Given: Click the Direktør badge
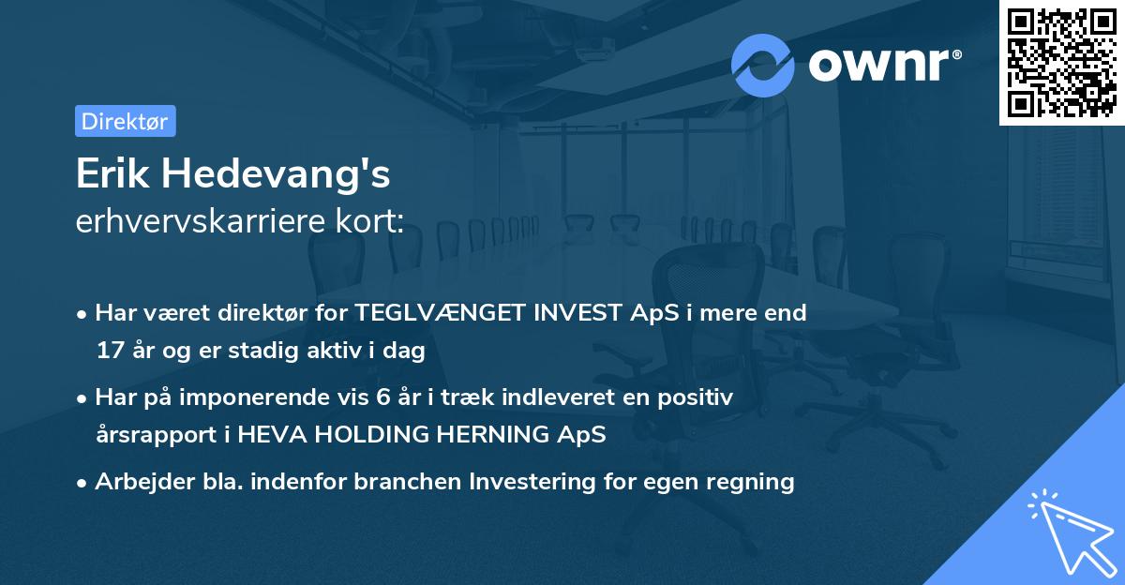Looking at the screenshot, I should click(125, 121).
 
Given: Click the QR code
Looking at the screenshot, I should click(1061, 62).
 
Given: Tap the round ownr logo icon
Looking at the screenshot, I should click(763, 65).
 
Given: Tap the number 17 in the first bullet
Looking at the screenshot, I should click(109, 351).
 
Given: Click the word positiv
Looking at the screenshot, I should click(697, 397).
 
